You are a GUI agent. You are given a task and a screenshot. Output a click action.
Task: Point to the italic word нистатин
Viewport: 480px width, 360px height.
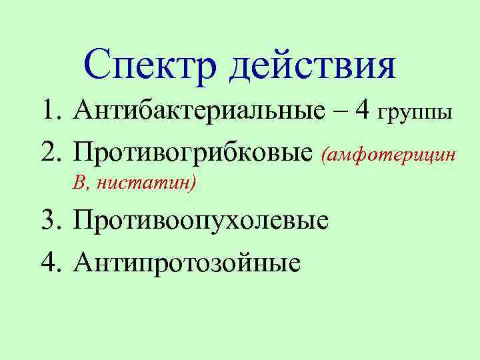(144, 183)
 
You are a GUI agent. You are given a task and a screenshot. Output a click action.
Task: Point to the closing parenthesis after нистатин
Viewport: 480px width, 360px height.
(193, 183)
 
